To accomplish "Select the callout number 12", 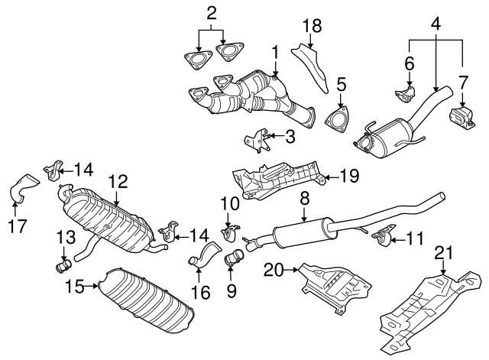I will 117,182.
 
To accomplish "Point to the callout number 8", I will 304,198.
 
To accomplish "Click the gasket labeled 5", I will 334,122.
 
